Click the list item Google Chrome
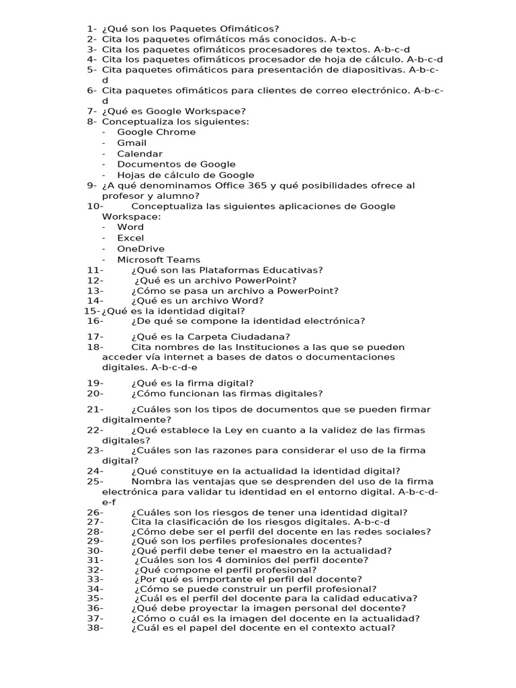coord(156,132)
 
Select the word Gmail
coord(132,143)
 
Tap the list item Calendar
coord(140,154)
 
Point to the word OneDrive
coord(140,249)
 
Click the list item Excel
coord(130,238)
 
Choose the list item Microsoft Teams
coord(159,260)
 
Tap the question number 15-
coord(92,311)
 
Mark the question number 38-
coord(95,628)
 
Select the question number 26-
coord(95,513)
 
